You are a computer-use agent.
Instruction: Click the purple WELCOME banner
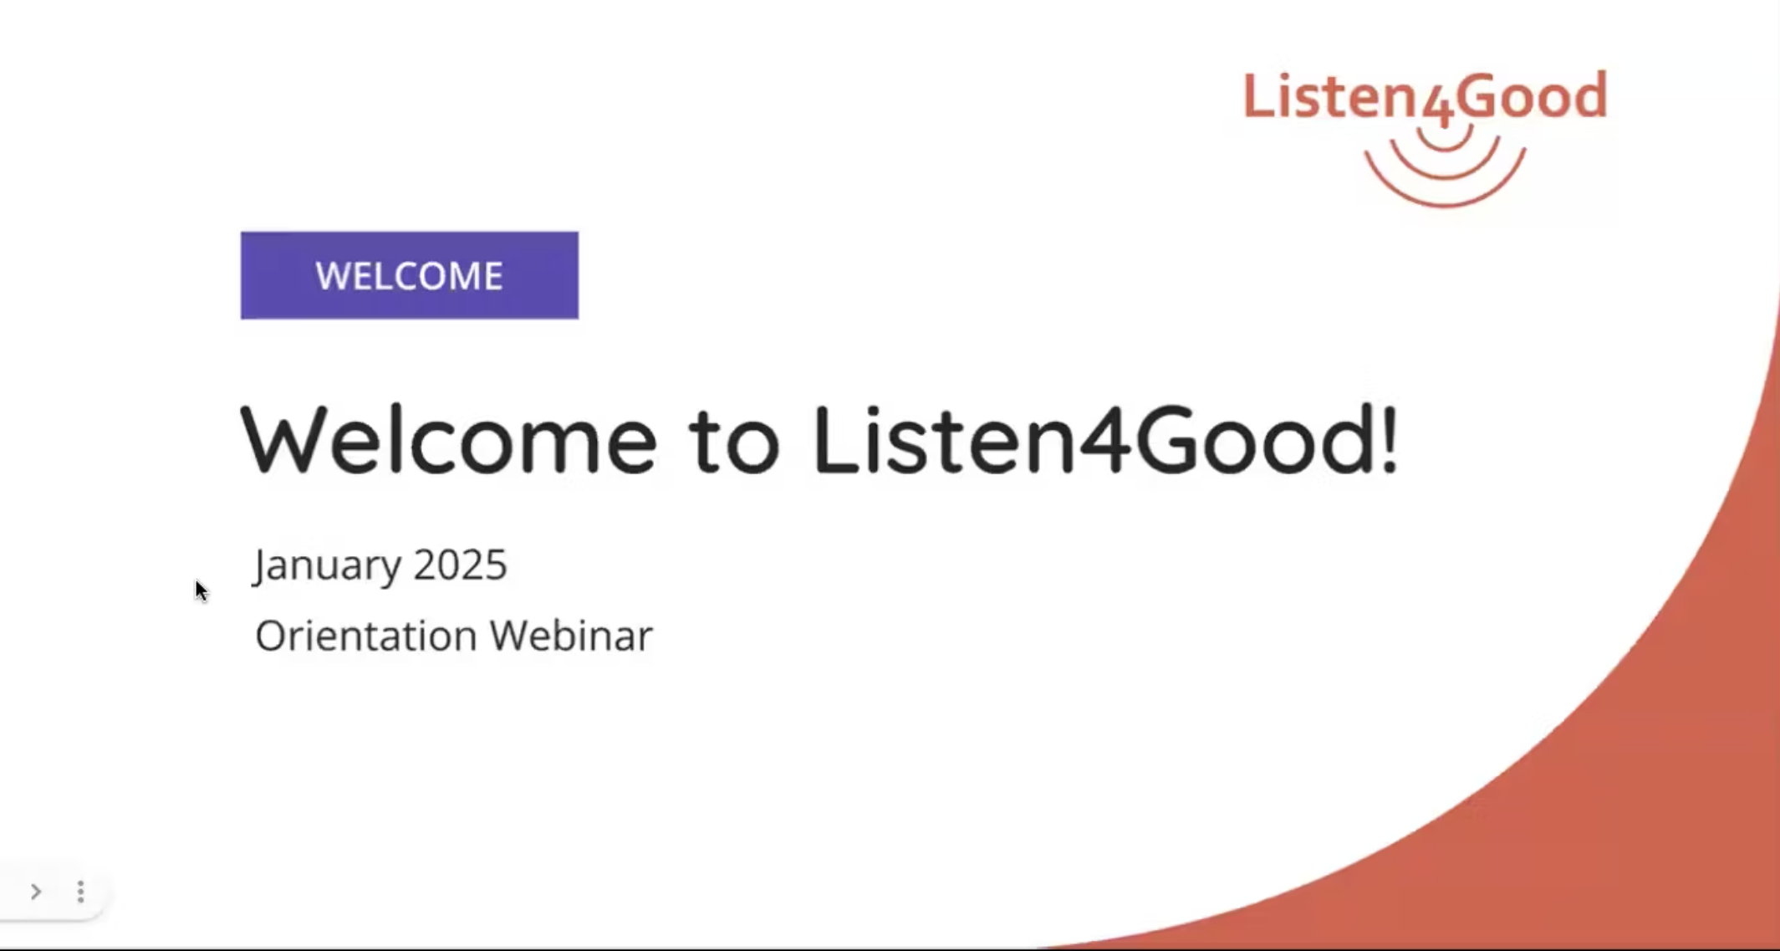click(x=410, y=275)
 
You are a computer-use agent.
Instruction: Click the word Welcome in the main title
click(x=448, y=440)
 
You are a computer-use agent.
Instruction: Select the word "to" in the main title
click(x=734, y=443)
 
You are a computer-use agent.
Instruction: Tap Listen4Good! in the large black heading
click(x=1105, y=440)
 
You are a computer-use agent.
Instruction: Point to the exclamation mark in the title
click(x=1389, y=439)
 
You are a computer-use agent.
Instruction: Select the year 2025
click(x=460, y=565)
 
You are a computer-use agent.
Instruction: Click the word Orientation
click(x=366, y=636)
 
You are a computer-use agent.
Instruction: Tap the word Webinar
click(x=571, y=636)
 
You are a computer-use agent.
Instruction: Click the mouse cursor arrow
click(x=201, y=591)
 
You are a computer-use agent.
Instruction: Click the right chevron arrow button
click(x=36, y=892)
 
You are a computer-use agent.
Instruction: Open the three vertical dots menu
click(x=81, y=892)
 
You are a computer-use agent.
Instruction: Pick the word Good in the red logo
click(x=1533, y=96)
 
